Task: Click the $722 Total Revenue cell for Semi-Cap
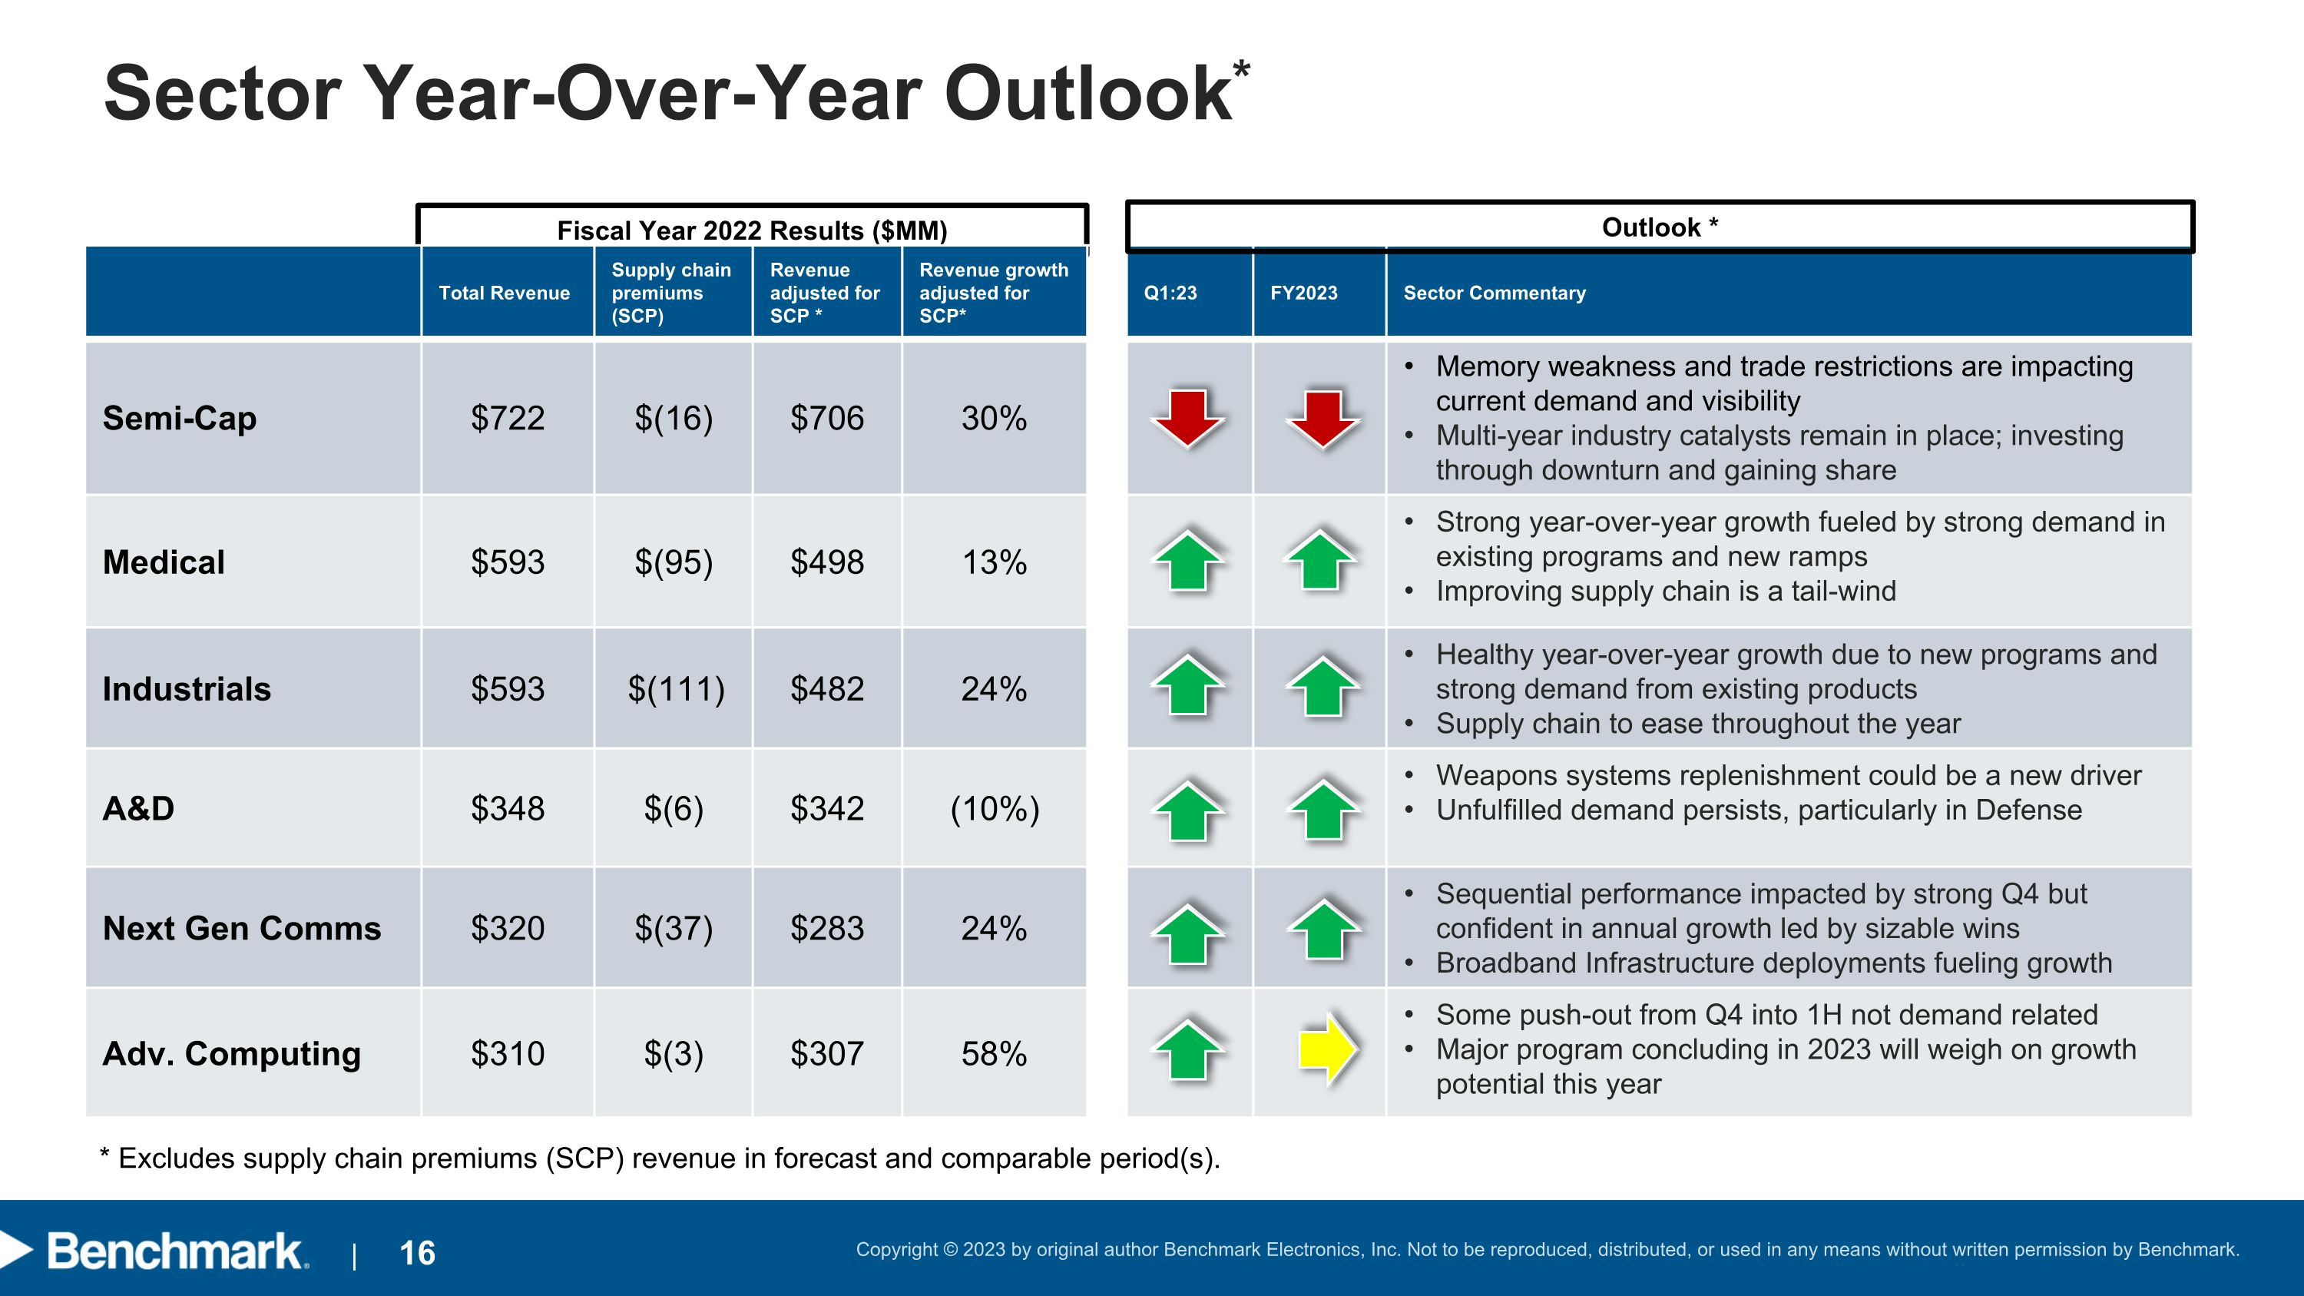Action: [507, 418]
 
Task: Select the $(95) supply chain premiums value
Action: [674, 562]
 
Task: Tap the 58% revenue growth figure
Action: [994, 1053]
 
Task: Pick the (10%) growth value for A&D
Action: [995, 808]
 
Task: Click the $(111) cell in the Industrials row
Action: [675, 688]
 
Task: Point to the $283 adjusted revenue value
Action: [826, 928]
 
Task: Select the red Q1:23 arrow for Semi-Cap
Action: [1188, 418]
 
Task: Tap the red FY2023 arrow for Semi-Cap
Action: [1322, 418]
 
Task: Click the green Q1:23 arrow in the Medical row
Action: [1188, 561]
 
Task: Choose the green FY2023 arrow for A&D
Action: [1322, 810]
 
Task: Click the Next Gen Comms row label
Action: [241, 928]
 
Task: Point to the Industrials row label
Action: [186, 688]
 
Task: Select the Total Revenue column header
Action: [505, 293]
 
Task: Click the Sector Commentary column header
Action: [1495, 293]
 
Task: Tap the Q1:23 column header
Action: [1170, 293]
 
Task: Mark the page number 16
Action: [417, 1253]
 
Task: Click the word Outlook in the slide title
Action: [1087, 93]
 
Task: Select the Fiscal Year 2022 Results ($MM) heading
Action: [752, 230]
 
